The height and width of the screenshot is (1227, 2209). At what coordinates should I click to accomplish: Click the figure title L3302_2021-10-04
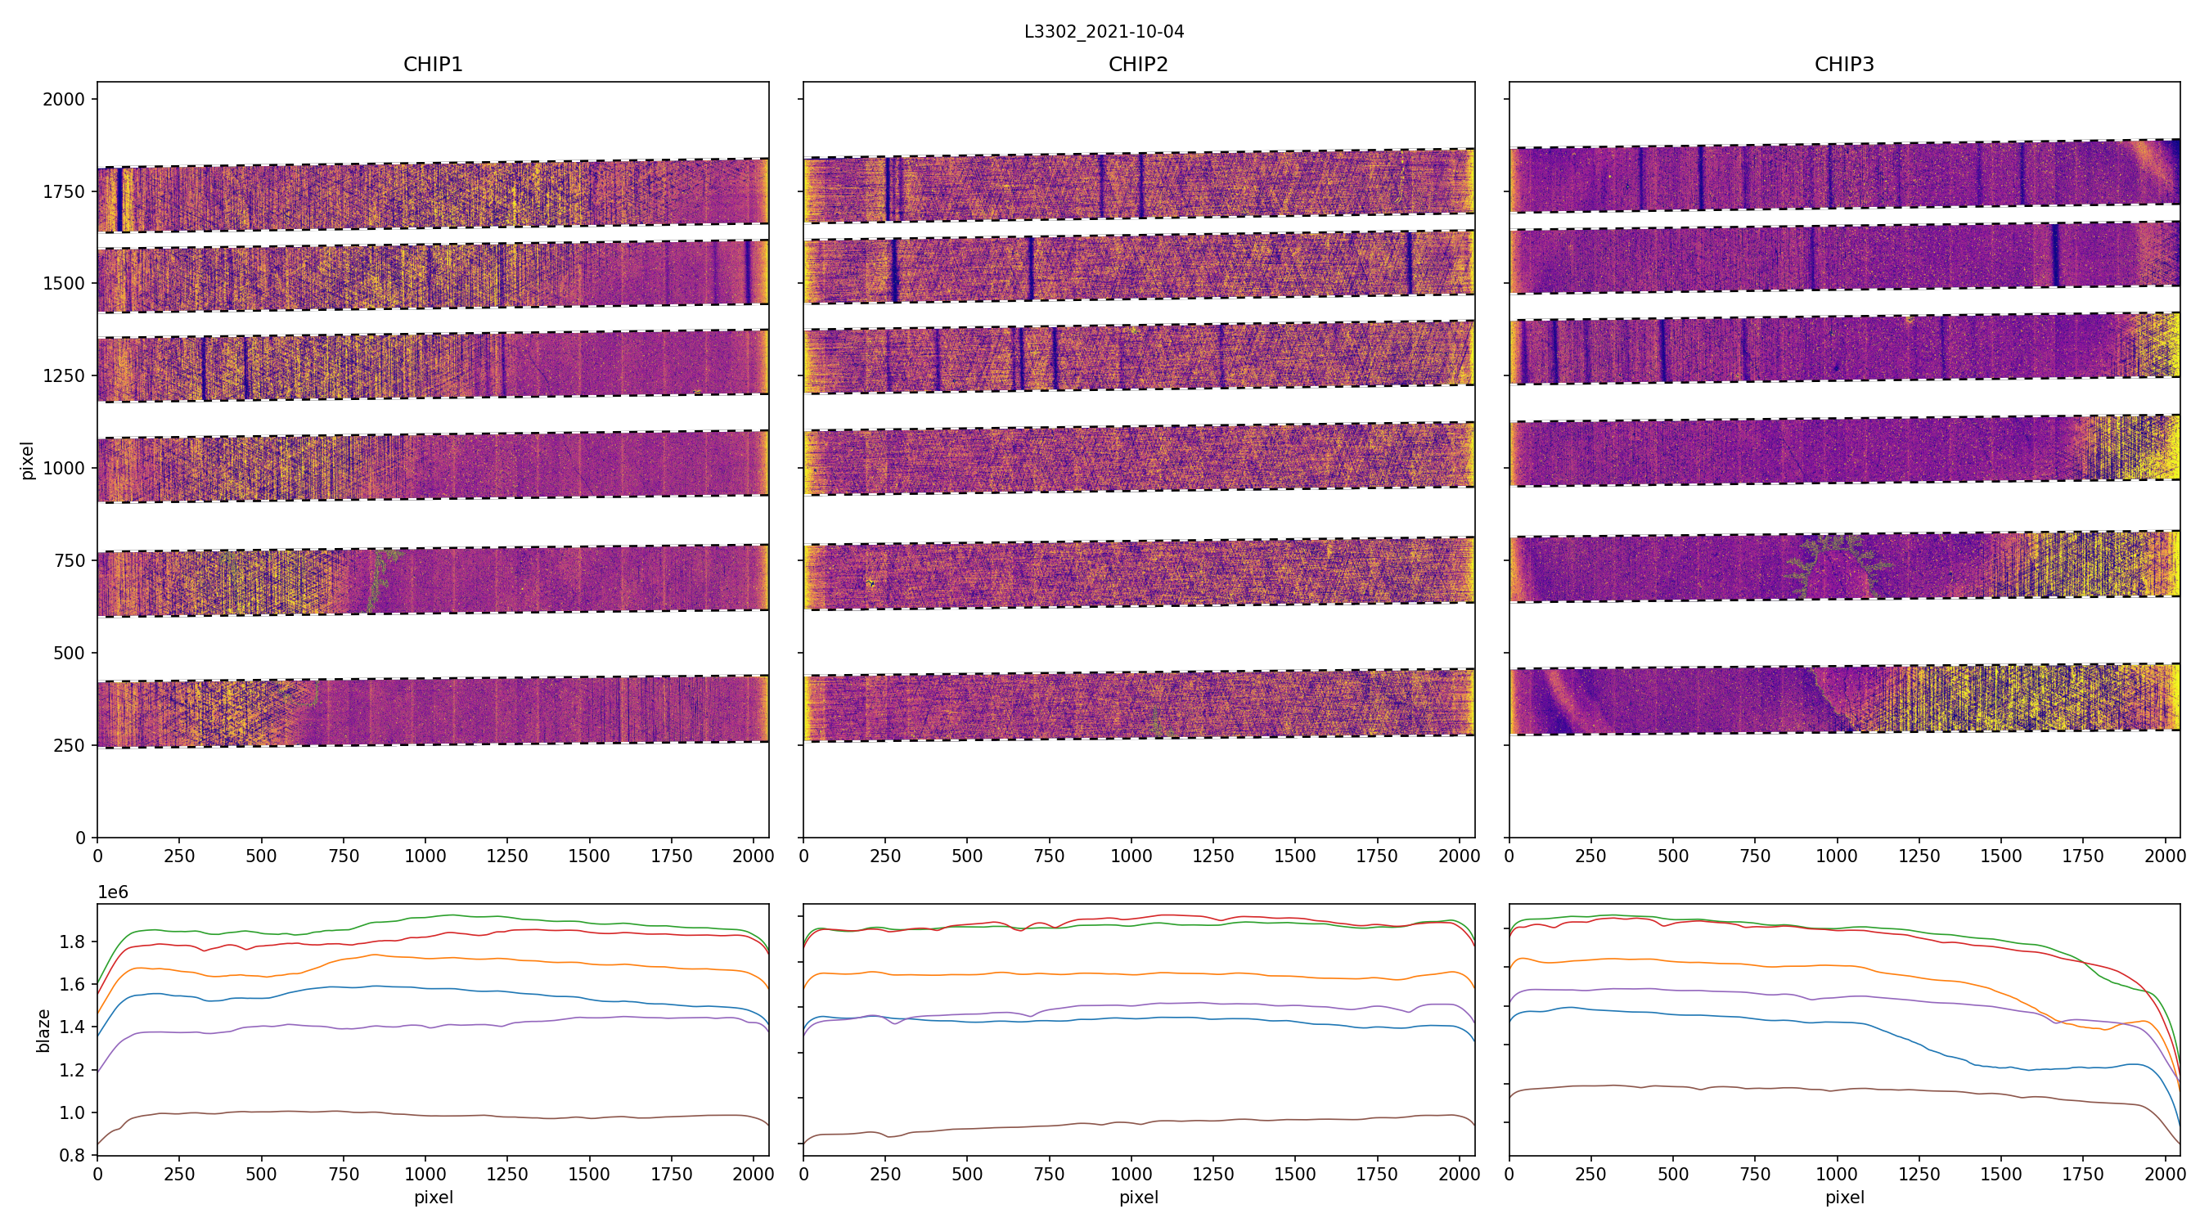(1104, 32)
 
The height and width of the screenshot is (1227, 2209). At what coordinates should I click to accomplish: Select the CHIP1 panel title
(433, 65)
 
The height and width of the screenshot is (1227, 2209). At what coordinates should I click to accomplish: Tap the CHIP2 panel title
(1138, 65)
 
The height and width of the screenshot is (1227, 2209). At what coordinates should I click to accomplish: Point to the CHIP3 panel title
(1843, 65)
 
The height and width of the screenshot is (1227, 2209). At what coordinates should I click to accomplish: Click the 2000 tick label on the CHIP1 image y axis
(65, 100)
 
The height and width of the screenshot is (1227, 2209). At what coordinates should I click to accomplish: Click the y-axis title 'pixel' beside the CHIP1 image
(28, 461)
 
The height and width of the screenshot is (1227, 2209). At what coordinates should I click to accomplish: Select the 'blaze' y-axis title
(43, 1031)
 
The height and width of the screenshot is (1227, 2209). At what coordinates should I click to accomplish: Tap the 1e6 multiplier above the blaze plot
(113, 892)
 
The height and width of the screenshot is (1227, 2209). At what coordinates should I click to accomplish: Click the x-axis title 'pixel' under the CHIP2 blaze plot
(1138, 1197)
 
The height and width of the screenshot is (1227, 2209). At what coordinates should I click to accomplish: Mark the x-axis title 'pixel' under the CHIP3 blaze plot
(1843, 1197)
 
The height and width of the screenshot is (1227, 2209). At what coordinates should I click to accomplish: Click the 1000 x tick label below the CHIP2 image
(1131, 856)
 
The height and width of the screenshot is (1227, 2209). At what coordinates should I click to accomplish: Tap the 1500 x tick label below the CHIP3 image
(2000, 856)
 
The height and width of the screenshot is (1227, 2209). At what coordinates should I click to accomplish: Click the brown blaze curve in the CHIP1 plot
(429, 1112)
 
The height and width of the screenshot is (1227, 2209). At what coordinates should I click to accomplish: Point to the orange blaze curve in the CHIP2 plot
(1115, 974)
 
